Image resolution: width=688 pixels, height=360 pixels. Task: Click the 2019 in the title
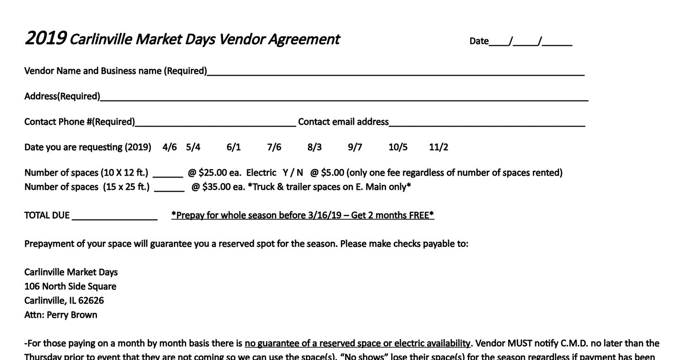click(45, 39)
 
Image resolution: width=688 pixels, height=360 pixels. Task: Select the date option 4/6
click(169, 147)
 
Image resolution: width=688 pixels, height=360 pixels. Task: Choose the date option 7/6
click(274, 147)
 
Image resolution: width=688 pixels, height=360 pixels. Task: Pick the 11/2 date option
click(438, 147)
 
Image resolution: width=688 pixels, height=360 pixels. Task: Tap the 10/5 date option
click(398, 147)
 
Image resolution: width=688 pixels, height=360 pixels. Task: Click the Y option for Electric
click(286, 173)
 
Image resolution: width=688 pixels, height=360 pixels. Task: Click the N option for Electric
click(300, 173)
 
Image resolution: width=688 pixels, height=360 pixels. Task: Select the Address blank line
click(344, 97)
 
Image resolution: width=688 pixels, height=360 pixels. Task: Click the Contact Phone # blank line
click(216, 123)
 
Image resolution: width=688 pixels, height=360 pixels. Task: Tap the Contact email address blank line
click(487, 123)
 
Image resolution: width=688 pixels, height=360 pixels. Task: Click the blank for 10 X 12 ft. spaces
click(168, 174)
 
